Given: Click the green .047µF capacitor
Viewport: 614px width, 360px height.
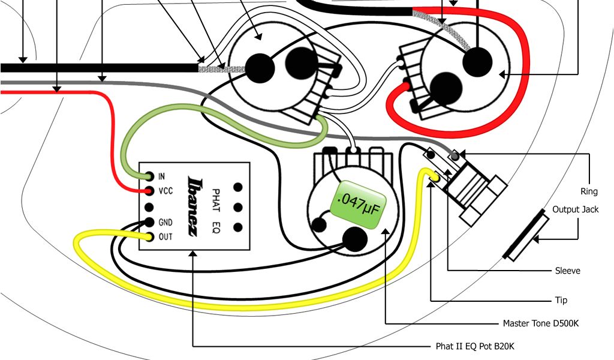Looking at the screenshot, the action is (359, 205).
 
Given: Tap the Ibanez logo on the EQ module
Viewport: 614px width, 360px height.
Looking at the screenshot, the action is (194, 206).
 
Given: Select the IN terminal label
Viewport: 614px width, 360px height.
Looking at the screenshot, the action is (161, 176).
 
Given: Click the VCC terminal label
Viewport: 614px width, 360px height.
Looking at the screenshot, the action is (165, 191).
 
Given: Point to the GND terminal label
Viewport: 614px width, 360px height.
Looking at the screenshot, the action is (165, 223).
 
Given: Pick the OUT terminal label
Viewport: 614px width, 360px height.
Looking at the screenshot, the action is (165, 237).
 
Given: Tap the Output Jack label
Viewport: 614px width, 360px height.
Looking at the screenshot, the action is (575, 209).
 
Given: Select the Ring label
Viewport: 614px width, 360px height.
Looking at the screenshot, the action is (589, 191).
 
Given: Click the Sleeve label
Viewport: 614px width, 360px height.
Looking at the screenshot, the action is (567, 271).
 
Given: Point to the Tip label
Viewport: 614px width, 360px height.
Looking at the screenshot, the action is (560, 300).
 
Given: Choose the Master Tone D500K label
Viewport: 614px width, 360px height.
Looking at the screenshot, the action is (541, 323).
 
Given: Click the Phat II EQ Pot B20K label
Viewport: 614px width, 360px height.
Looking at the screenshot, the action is (475, 347).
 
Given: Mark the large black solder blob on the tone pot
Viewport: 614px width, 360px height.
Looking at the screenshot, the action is (355, 240).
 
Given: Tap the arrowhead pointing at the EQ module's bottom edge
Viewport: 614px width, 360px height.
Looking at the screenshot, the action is (193, 255).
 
